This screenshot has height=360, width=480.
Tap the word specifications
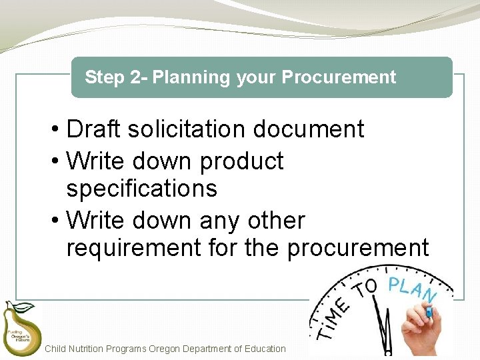pyautogui.click(x=141, y=189)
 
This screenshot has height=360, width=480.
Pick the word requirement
pyautogui.click(x=133, y=248)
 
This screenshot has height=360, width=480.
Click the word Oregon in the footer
pyautogui.click(x=165, y=349)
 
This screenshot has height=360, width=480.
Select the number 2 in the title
pyautogui.click(x=135, y=77)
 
